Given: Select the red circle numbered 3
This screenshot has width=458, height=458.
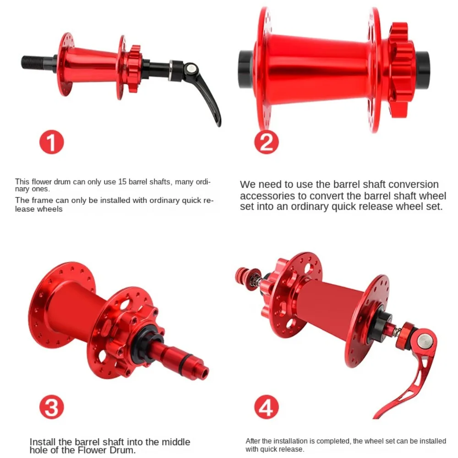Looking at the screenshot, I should click(x=51, y=407).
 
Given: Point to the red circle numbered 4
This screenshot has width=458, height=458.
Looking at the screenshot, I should click(x=266, y=407).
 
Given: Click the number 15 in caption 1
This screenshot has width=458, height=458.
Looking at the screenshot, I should click(x=122, y=182).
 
